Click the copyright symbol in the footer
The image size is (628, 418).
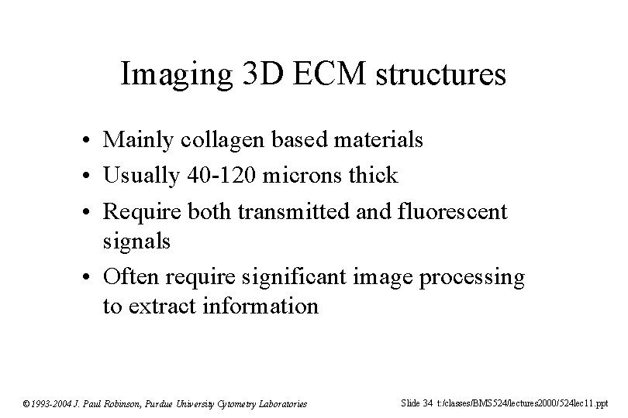point(26,403)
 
